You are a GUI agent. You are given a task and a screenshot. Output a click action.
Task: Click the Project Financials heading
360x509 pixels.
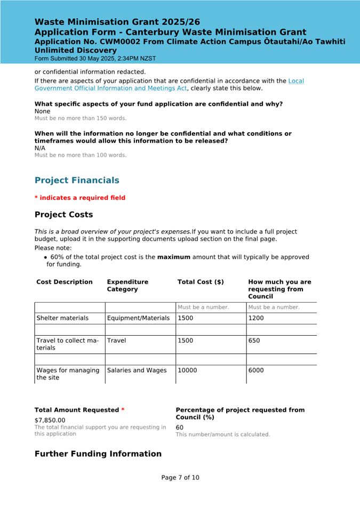pyautogui.click(x=77, y=181)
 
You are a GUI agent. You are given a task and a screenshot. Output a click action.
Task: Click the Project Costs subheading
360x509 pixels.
pyautogui.click(x=63, y=215)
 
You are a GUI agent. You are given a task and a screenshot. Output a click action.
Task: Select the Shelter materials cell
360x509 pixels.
pyautogui.click(x=62, y=318)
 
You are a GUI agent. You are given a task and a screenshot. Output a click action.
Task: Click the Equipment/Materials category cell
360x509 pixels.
pyautogui.click(x=138, y=318)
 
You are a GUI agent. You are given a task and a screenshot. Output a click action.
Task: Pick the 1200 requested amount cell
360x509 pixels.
pyautogui.click(x=256, y=318)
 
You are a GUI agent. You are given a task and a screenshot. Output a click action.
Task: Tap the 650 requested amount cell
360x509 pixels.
pyautogui.click(x=254, y=341)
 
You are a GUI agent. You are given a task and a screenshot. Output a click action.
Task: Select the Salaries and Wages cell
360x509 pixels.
pyautogui.click(x=137, y=370)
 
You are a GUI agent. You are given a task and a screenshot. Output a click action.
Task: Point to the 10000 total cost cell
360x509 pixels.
pyautogui.click(x=187, y=370)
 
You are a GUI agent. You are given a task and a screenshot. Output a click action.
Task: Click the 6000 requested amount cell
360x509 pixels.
pyautogui.click(x=256, y=370)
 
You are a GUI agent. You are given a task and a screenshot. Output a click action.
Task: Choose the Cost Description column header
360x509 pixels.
pyautogui.click(x=65, y=282)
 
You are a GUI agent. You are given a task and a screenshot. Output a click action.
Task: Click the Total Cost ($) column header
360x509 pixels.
pyautogui.click(x=201, y=282)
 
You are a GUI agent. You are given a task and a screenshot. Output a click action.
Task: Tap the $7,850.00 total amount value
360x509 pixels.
pyautogui.click(x=50, y=420)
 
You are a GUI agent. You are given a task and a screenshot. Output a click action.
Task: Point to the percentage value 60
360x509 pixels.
pyautogui.click(x=180, y=427)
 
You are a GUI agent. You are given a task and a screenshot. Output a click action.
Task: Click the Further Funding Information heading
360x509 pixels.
pyautogui.click(x=98, y=454)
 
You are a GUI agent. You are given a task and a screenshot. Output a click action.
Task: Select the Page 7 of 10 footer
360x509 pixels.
pyautogui.click(x=180, y=478)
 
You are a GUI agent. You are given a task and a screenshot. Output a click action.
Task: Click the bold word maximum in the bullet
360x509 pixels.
pyautogui.click(x=173, y=257)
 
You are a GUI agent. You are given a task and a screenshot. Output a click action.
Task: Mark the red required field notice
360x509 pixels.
pyautogui.click(x=80, y=198)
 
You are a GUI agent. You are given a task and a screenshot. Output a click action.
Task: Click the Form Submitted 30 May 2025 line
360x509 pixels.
pyautogui.click(x=95, y=58)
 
